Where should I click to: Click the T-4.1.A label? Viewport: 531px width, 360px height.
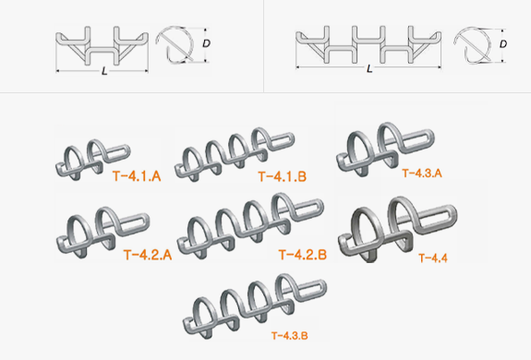pos(137,176)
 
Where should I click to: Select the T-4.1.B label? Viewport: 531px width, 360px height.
pos(282,176)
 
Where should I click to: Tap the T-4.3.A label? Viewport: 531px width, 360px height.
pos(422,174)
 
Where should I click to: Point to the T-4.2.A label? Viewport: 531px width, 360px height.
pos(148,255)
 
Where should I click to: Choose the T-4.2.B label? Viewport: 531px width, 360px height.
pos(302,255)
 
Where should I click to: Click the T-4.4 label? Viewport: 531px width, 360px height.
pos(433,258)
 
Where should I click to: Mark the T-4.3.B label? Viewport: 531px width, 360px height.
pos(290,336)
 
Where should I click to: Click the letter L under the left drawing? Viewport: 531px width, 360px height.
pos(104,71)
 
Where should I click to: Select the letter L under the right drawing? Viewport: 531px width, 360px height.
pos(369,69)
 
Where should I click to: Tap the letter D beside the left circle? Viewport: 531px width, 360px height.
pos(206,43)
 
